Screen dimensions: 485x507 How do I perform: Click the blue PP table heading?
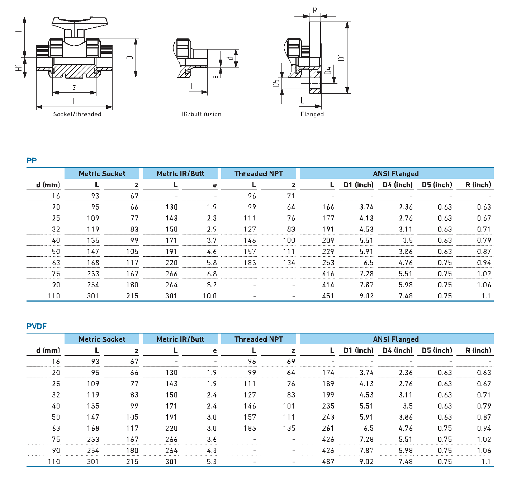pyautogui.click(x=32, y=160)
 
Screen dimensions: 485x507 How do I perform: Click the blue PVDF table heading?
pyautogui.click(x=37, y=326)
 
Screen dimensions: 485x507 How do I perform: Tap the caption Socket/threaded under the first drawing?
pyautogui.click(x=77, y=114)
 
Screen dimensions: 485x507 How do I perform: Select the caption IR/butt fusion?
pyautogui.click(x=201, y=114)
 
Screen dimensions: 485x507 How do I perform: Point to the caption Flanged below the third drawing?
pyautogui.click(x=312, y=114)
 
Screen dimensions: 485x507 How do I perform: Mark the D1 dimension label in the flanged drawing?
pyautogui.click(x=341, y=57)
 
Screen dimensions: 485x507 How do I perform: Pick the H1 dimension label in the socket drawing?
pyautogui.click(x=18, y=67)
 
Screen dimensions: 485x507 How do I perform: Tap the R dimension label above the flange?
pyautogui.click(x=315, y=10)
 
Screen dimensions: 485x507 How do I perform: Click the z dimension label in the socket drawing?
pyautogui.click(x=74, y=87)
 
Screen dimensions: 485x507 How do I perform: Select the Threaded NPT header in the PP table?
pyautogui.click(x=259, y=174)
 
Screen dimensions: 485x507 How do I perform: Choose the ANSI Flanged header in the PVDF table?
pyautogui.click(x=396, y=339)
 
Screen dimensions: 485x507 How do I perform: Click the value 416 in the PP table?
pyautogui.click(x=328, y=274)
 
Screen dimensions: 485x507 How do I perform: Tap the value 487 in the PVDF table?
pyautogui.click(x=328, y=462)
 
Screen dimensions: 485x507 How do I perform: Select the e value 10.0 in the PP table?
pyautogui.click(x=209, y=296)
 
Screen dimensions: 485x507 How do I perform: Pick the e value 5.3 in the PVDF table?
pyautogui.click(x=212, y=462)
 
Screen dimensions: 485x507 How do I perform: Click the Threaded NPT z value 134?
pyautogui.click(x=289, y=263)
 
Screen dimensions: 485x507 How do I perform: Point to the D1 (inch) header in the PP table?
pyautogui.click(x=358, y=185)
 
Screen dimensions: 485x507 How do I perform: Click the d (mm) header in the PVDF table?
pyautogui.click(x=48, y=350)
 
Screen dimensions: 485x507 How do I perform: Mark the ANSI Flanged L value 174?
pyautogui.click(x=328, y=373)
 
